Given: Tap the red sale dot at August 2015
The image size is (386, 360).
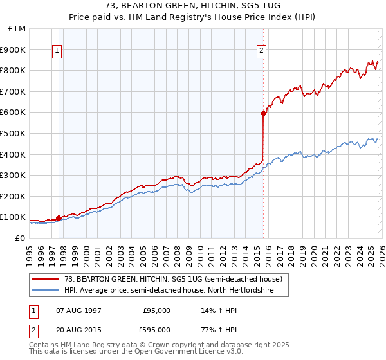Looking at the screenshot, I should coord(263,113).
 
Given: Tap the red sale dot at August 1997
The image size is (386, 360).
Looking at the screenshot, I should coord(59,218).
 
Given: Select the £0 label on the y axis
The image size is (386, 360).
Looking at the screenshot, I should coord(20,238).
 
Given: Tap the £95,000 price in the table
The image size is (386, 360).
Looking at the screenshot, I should coord(156,310).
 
